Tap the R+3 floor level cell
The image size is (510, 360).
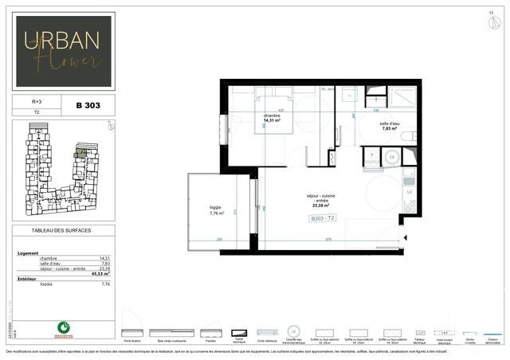(37, 102)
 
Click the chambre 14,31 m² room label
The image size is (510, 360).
(277, 118)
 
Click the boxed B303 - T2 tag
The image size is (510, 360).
(324, 218)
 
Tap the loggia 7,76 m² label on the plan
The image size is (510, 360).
(216, 210)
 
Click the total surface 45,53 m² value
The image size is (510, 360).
(101, 273)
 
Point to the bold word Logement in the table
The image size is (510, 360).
(28, 253)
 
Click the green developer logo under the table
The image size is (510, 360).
(63, 327)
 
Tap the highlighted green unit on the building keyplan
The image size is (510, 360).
(80, 149)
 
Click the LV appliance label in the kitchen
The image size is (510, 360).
(410, 193)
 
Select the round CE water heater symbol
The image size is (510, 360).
(390, 158)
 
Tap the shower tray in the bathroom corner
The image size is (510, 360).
(401, 98)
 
